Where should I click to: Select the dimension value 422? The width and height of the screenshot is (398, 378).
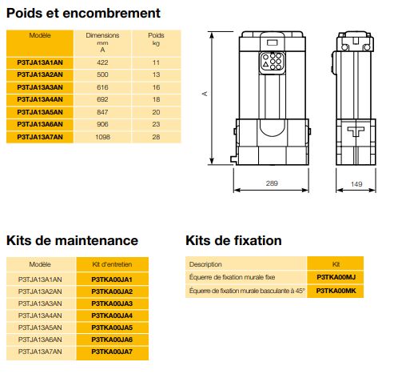102,61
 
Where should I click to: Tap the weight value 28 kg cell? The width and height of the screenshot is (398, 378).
157,138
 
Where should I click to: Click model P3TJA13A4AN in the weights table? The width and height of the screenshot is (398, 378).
40,99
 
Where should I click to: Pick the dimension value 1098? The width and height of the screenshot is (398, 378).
102,138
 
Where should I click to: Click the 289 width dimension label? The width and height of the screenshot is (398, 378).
273,183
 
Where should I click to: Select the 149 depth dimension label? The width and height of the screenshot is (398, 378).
356,183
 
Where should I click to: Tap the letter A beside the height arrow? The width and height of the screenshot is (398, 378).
204,94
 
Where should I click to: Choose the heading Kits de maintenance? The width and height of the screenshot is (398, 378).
73,240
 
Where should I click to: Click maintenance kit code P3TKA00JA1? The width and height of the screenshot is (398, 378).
112,278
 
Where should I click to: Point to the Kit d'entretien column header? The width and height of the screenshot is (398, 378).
112,263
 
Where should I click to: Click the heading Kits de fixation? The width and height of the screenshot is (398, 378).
233,240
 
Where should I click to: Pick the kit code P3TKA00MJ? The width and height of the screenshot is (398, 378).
336,276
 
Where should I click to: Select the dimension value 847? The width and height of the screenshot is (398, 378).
102,112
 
